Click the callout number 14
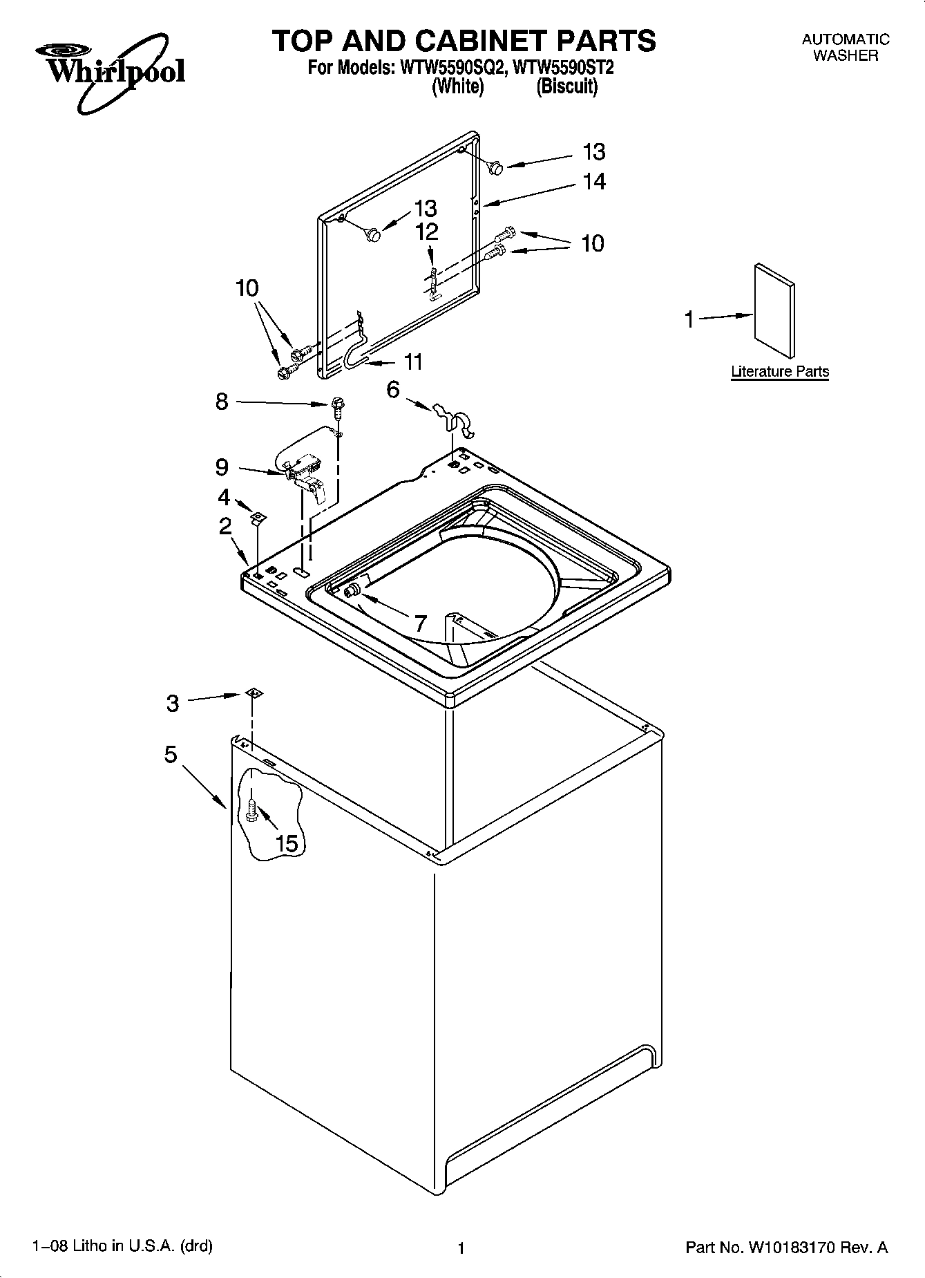pos(594,182)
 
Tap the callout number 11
pos(412,361)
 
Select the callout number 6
pos(393,390)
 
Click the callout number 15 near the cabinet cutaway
pos(287,843)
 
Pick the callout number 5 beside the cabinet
pos(171,754)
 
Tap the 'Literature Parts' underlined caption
pos(780,372)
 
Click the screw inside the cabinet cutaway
pos(251,809)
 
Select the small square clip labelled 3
pos(254,693)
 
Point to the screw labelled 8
pos(338,406)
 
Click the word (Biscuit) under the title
pos(566,87)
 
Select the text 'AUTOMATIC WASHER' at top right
pos(845,48)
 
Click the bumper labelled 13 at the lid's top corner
pos(494,167)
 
